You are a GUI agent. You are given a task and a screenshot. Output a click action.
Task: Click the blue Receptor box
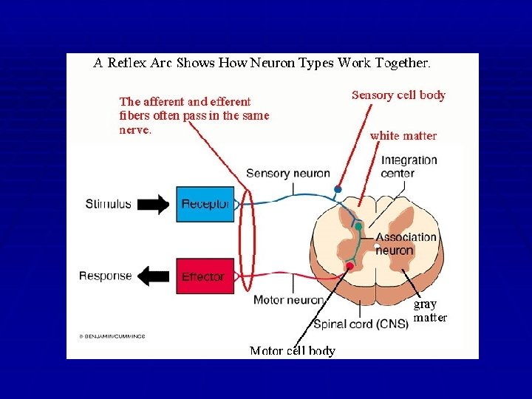pyautogui.click(x=205, y=205)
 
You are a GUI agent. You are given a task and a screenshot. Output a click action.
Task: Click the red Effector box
pyautogui.click(x=205, y=276)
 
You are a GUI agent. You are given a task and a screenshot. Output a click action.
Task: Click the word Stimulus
pyautogui.click(x=108, y=204)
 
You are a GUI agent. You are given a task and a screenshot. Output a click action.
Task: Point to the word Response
pyautogui.click(x=106, y=276)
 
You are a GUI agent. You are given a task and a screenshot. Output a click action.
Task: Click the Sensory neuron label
pyautogui.click(x=287, y=174)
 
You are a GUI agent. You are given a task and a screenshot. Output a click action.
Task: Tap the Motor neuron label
pyautogui.click(x=288, y=300)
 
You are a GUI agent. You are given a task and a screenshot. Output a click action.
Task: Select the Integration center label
pyautogui.click(x=409, y=166)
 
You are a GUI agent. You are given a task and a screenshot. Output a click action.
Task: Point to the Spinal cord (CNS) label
pyautogui.click(x=361, y=324)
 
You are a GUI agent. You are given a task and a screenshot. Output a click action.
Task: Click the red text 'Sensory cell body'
pyautogui.click(x=398, y=95)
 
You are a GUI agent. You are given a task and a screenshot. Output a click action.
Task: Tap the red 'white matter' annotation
pyautogui.click(x=403, y=136)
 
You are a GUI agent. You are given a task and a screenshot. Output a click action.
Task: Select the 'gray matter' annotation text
pyautogui.click(x=429, y=311)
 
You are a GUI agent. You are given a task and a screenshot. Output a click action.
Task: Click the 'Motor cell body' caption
pyautogui.click(x=292, y=351)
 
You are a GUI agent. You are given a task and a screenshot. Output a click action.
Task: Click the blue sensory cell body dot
pyautogui.click(x=338, y=190)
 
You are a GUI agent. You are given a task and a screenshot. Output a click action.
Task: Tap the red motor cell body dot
pyautogui.click(x=350, y=265)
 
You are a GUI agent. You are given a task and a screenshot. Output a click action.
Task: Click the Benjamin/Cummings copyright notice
pyautogui.click(x=112, y=336)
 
